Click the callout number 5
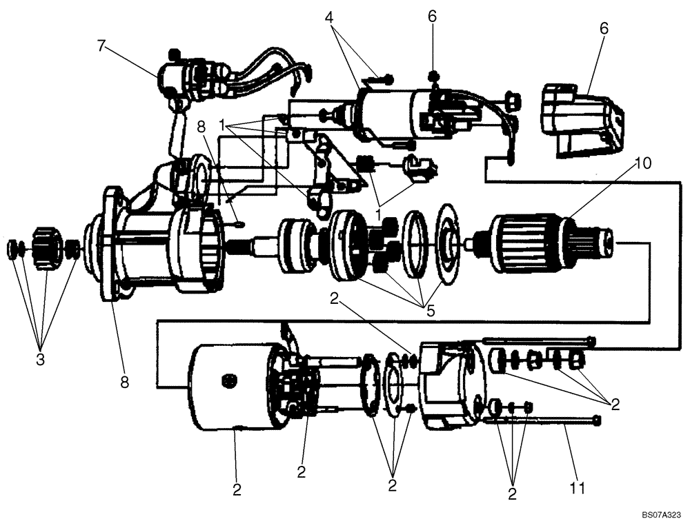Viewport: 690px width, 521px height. point(430,311)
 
